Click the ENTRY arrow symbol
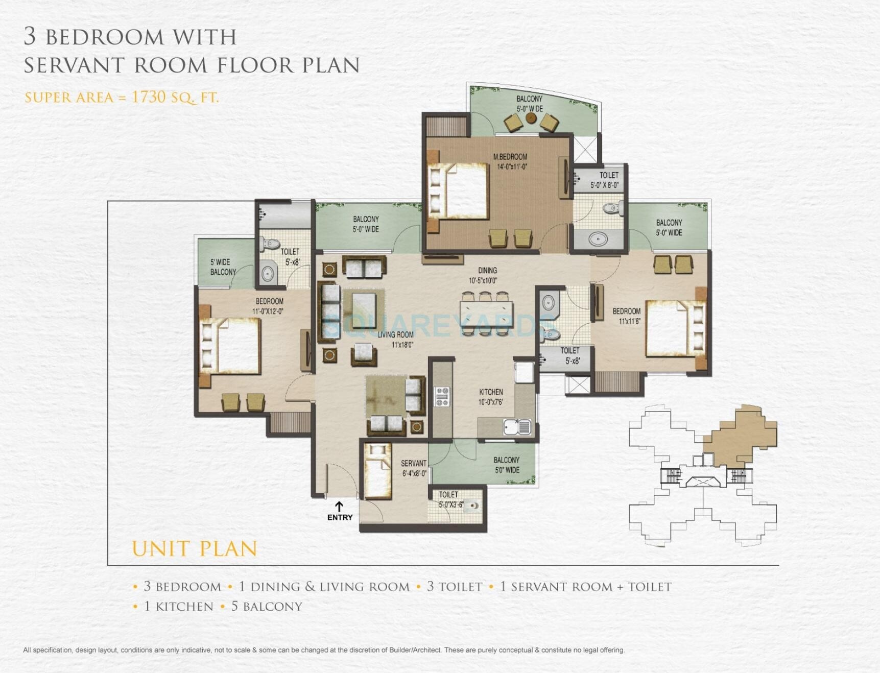339,507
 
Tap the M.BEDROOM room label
510,157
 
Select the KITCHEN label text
491,392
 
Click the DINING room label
487,271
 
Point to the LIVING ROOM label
395,335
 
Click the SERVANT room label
413,464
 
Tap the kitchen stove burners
442,397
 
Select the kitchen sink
517,426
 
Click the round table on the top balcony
531,118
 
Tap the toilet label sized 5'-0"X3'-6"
450,499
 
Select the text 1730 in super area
149,97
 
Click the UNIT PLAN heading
195,549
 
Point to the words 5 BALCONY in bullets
267,607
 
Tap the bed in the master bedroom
460,190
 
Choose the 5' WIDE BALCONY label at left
223,267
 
